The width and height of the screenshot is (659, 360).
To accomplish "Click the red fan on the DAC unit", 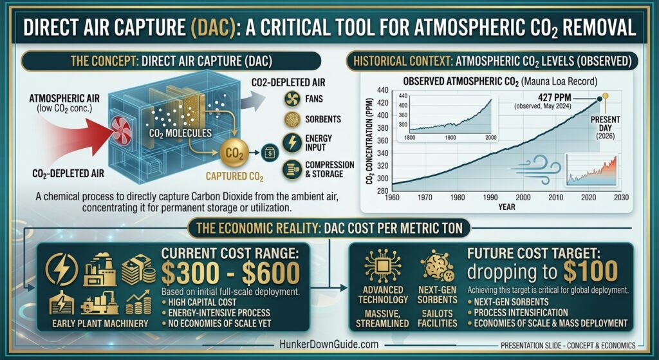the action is [122, 131].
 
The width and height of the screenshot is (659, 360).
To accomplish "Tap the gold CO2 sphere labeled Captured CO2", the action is [234, 153].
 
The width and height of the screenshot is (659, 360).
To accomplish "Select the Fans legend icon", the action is [292, 99].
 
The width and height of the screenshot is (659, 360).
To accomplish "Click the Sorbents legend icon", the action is [292, 119].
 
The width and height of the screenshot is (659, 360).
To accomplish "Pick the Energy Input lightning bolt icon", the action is [292, 142].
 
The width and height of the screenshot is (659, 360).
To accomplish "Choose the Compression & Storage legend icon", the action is [292, 169].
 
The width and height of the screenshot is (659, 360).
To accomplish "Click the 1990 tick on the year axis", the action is [490, 197].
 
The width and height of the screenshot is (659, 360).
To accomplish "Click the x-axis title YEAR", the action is [507, 207].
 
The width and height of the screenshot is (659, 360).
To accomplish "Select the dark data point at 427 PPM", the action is [599, 100].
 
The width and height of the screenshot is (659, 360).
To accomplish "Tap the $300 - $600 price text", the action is [231, 273].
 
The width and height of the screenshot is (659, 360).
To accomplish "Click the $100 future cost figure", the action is [591, 272].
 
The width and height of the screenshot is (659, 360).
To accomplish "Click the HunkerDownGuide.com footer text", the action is [329, 345].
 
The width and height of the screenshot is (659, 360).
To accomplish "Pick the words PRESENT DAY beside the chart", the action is [605, 124].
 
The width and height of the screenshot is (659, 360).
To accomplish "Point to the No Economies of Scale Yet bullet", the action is [216, 323].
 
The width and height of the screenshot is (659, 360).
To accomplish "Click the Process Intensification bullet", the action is [517, 312].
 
